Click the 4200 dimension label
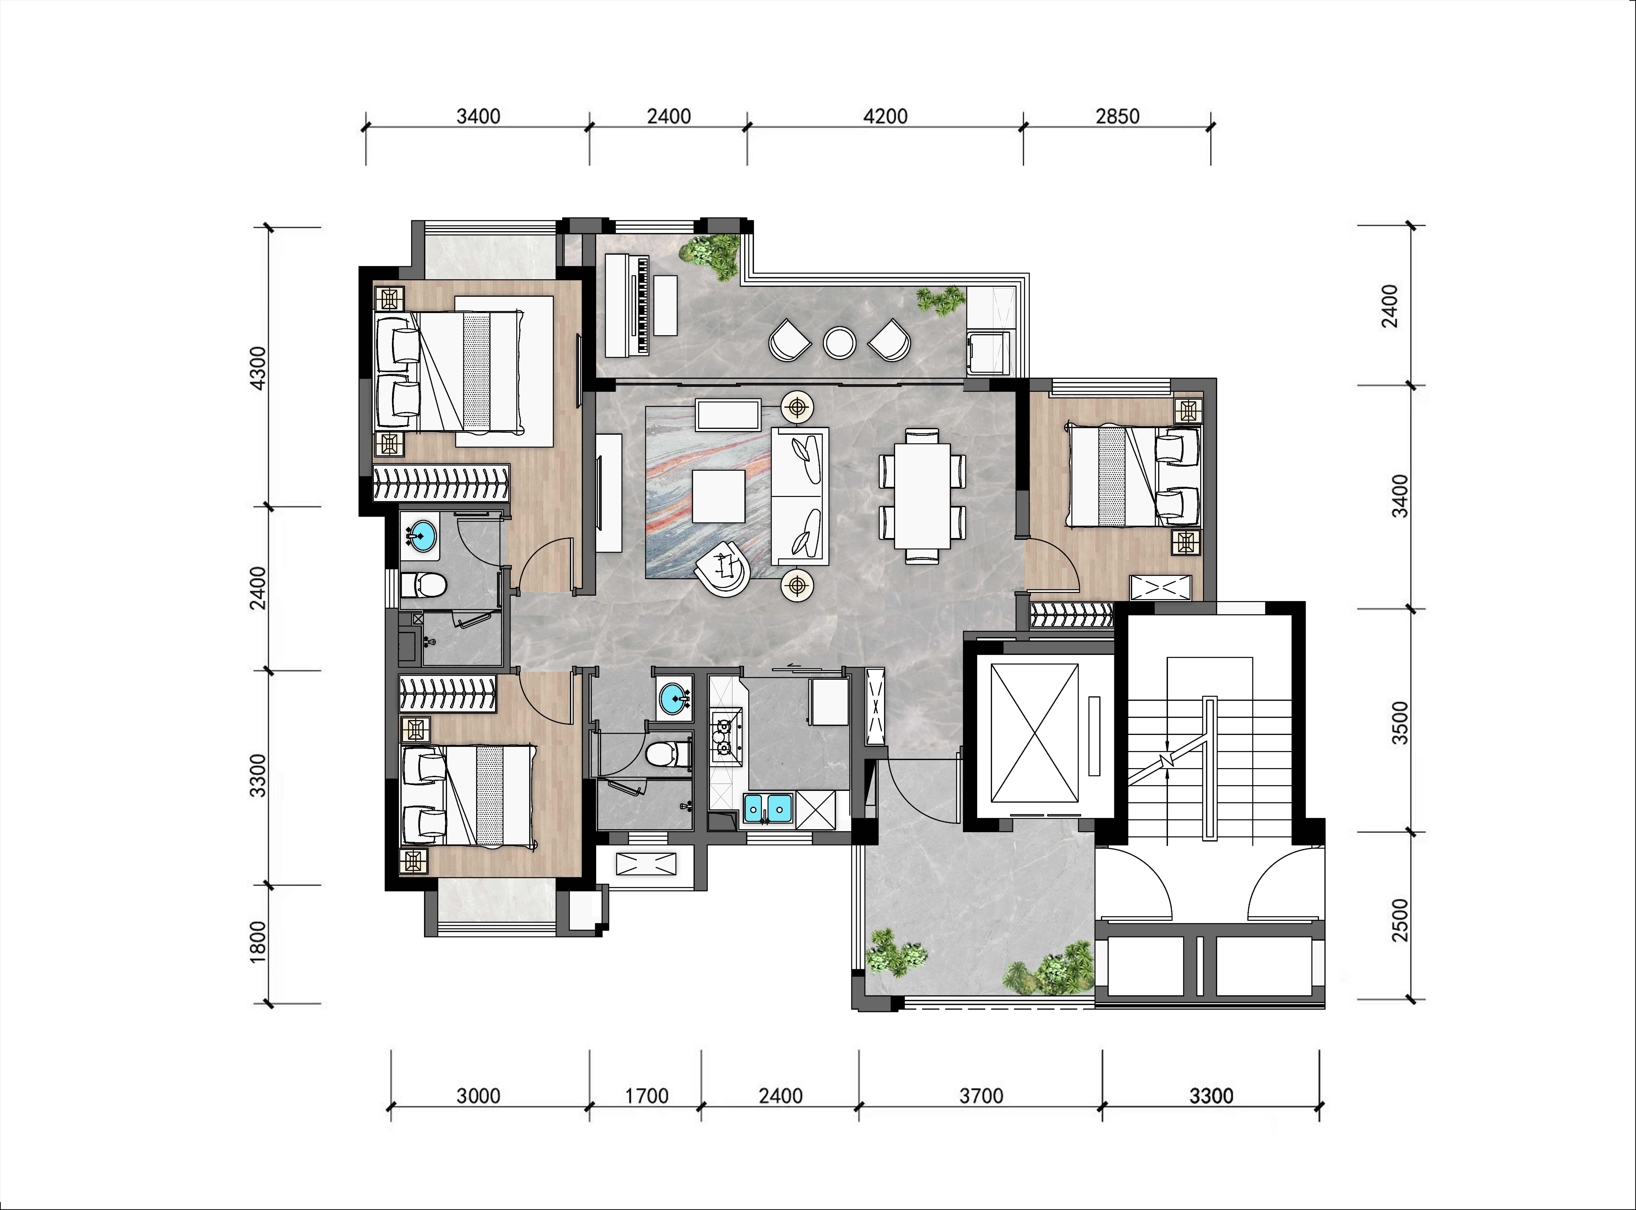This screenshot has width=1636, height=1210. pyautogui.click(x=885, y=117)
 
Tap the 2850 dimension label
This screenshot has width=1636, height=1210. pyautogui.click(x=1117, y=117)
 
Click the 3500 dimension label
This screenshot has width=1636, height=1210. pyautogui.click(x=1399, y=723)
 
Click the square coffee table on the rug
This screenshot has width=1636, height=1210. pyautogui.click(x=718, y=496)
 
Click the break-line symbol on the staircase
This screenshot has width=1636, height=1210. pyautogui.click(x=1166, y=759)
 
